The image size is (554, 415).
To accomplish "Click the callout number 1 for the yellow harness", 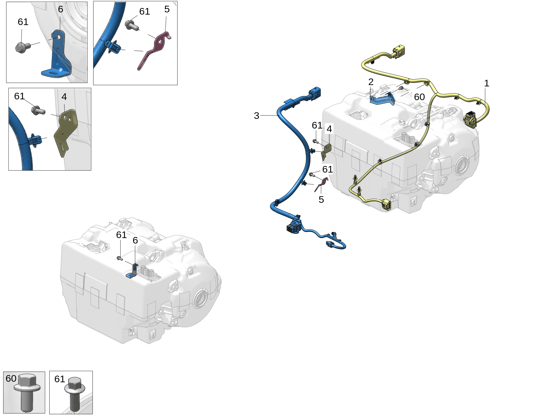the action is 486,83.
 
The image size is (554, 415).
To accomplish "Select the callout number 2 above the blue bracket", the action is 371,82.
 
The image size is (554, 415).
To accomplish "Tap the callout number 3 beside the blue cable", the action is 256,116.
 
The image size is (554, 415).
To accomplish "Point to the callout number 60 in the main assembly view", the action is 419,97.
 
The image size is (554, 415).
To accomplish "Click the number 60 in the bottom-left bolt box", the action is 11,378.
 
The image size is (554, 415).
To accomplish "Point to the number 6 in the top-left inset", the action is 61,9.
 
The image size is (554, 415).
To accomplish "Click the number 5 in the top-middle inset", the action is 167,9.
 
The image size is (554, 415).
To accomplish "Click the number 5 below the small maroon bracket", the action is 321,200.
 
